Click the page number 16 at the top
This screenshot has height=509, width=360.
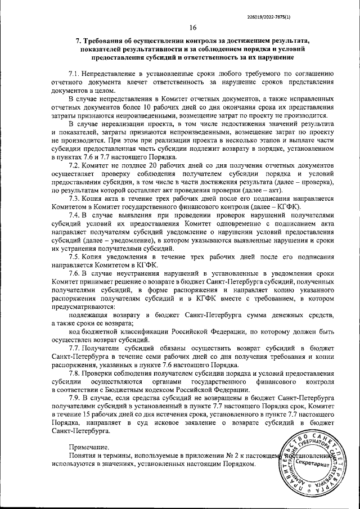(193, 28)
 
